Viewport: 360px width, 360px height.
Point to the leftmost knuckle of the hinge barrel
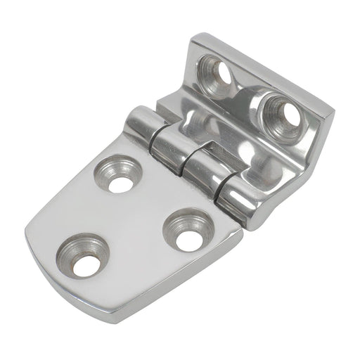point(139,127)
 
